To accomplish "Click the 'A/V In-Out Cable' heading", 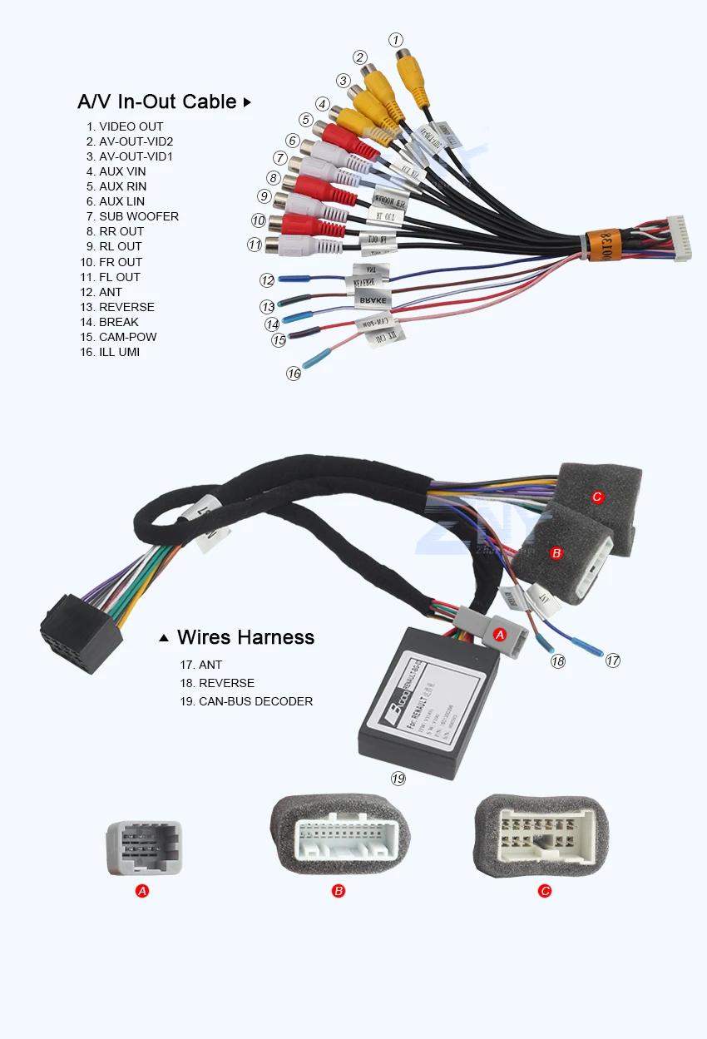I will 157,101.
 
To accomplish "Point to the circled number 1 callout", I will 397,39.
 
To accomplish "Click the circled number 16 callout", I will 294,374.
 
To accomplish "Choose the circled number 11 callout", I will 255,245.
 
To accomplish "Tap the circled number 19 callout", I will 398,779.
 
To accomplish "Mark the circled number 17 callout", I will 613,661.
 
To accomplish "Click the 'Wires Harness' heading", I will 245,637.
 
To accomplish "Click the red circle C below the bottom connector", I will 545,891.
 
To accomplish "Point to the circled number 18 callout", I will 557,661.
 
